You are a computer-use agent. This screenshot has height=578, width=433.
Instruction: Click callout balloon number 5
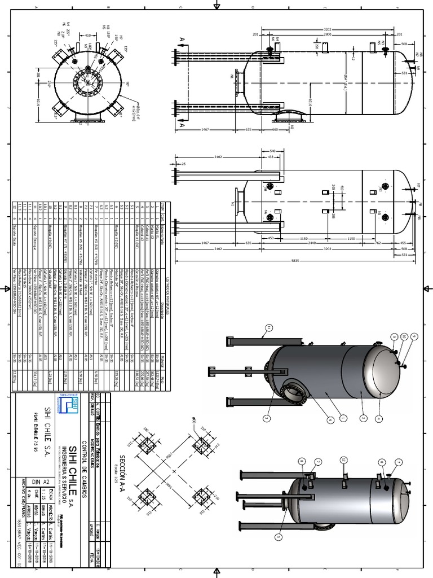(x=279, y=537)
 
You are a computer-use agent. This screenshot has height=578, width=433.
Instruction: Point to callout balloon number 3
(x=268, y=418)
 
